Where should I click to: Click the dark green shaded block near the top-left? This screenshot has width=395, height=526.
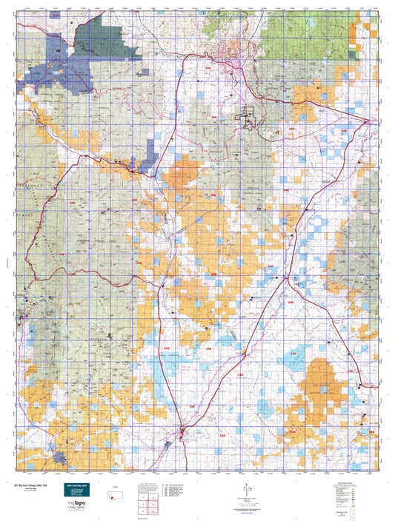tap(111, 37)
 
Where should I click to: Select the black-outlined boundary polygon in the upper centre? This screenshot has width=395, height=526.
tap(247, 117)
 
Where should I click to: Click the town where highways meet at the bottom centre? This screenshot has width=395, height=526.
tap(182, 428)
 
